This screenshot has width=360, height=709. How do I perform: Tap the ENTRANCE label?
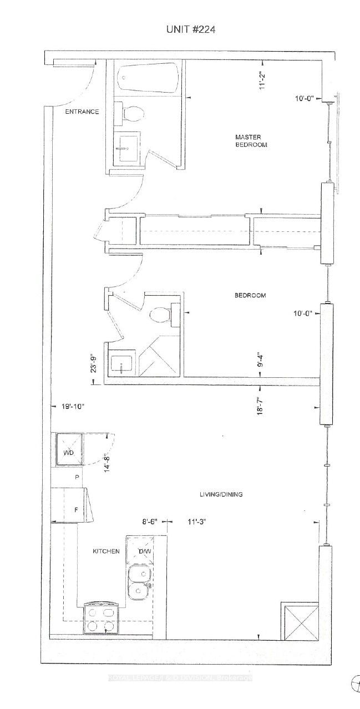82,112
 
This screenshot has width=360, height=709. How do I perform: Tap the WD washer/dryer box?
69,451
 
